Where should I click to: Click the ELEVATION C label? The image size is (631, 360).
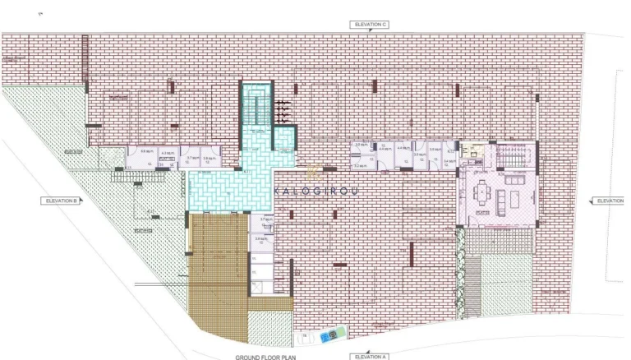coord(369,25)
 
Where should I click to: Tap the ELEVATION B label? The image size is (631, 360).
coord(62,200)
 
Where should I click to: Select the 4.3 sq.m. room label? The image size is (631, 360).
coord(168,153)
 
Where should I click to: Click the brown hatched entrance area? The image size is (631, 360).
coord(218,263)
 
